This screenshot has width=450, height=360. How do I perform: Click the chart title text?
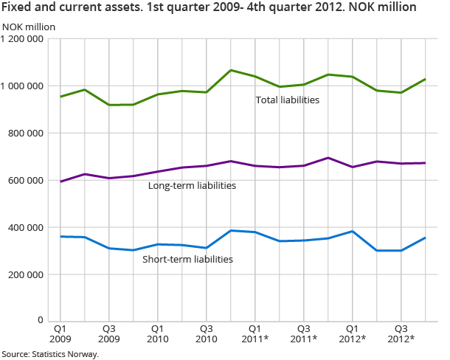pos(209,8)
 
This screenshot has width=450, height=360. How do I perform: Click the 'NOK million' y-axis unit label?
pos(28,27)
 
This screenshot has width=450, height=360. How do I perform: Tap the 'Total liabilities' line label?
pos(287,100)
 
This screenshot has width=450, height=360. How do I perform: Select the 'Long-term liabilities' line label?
pos(192,185)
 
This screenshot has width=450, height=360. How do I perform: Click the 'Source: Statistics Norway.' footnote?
pos(49,354)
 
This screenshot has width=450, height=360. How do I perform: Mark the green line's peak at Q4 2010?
pos(231,70)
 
